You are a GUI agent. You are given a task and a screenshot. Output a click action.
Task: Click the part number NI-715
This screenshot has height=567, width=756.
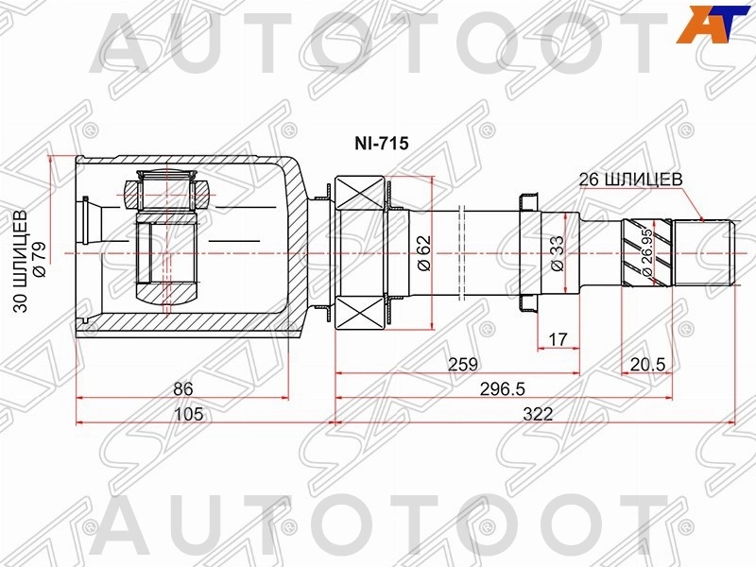[382, 144]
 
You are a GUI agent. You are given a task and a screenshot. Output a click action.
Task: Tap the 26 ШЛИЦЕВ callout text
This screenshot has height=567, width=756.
[630, 180]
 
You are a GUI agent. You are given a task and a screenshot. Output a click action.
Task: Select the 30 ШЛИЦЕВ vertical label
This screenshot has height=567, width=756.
[21, 262]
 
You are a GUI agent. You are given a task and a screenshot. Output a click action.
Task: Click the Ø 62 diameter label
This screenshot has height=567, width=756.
[423, 253]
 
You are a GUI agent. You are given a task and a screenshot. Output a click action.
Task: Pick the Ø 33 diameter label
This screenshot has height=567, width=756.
[557, 253]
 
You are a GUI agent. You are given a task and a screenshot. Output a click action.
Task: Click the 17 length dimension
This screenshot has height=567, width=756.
[558, 339]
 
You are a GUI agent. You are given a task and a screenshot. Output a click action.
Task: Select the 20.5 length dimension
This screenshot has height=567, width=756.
[647, 365]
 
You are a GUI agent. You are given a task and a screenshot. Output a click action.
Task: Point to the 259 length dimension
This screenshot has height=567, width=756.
[463, 365]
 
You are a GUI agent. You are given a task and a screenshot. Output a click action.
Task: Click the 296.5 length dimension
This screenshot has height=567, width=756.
[502, 388]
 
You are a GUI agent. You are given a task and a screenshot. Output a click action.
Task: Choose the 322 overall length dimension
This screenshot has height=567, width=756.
[538, 414]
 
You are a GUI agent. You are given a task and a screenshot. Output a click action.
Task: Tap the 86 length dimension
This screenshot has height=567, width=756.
[182, 388]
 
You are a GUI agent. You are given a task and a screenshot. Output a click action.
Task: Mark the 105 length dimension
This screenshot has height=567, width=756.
[188, 414]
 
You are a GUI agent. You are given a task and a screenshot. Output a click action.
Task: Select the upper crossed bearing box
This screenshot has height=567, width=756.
[360, 193]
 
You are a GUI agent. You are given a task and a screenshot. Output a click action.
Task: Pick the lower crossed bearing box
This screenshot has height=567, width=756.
[360, 313]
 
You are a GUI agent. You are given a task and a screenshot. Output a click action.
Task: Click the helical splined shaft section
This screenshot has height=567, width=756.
[646, 253]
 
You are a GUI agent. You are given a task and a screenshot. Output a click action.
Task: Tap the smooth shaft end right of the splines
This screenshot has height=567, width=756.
[703, 252]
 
